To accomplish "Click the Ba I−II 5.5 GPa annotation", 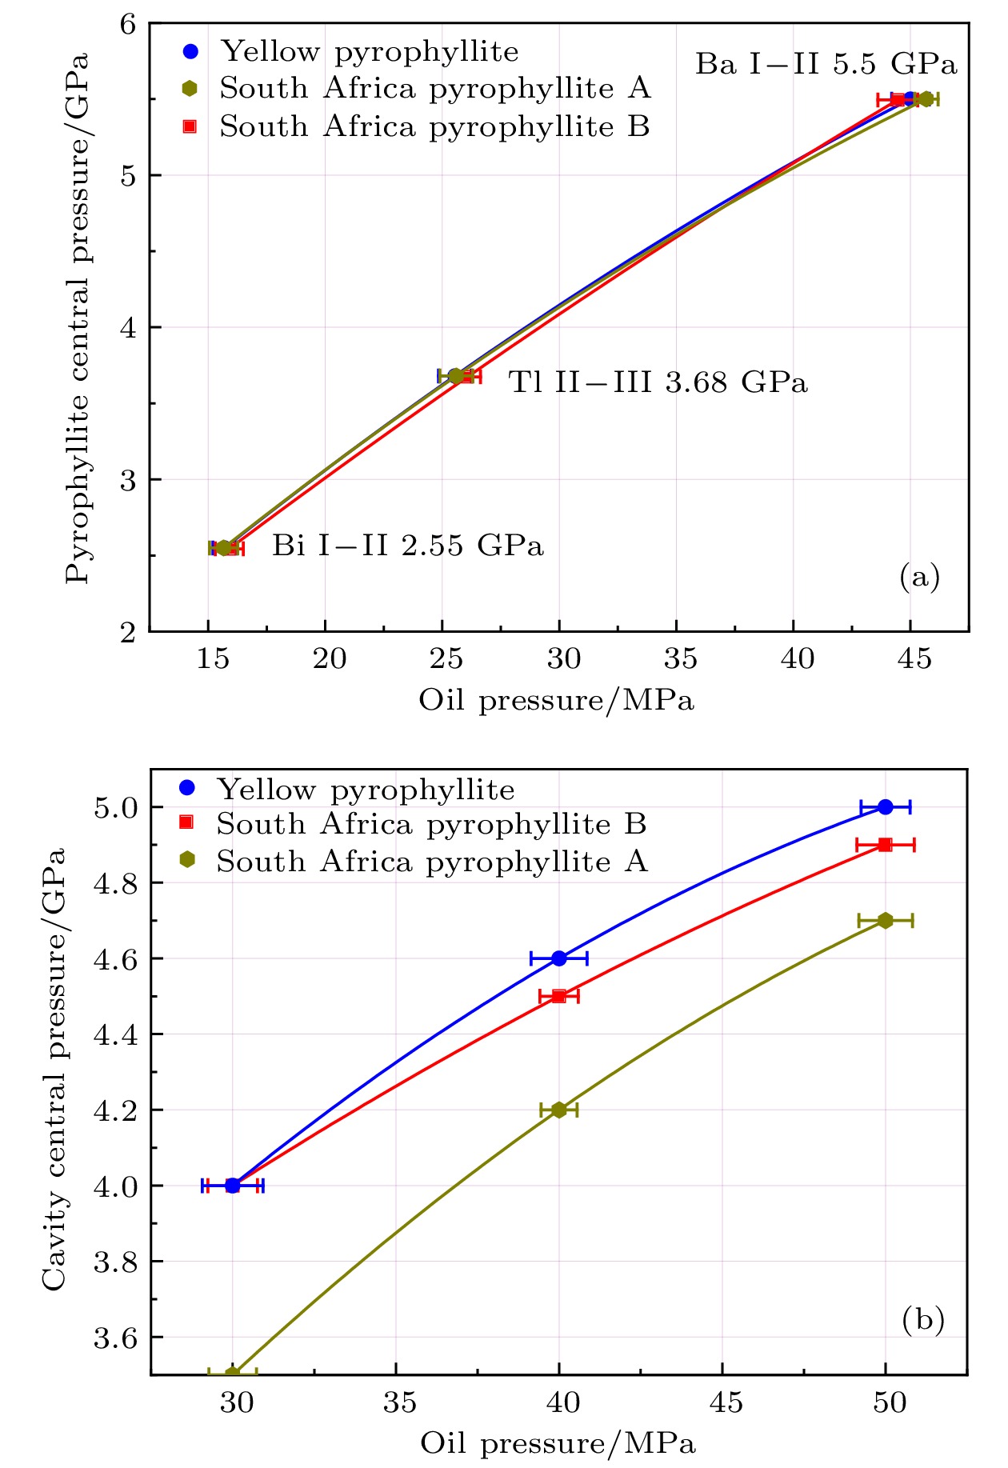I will click(x=826, y=65).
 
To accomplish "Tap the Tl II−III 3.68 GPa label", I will click(x=658, y=382).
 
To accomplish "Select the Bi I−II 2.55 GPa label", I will click(x=407, y=546).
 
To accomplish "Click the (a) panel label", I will click(x=919, y=577).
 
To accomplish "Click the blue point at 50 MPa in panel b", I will click(x=885, y=806).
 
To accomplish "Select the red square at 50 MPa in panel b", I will click(x=885, y=845).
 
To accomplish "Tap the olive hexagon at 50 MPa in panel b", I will click(x=885, y=921).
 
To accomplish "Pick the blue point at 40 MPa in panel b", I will click(x=559, y=958).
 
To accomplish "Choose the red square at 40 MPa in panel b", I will click(x=559, y=996).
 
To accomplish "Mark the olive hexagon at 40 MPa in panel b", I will click(x=559, y=1110).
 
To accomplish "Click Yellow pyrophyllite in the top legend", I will click(x=370, y=52).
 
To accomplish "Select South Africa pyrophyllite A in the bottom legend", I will click(x=431, y=862).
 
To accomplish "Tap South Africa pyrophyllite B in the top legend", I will click(x=434, y=126).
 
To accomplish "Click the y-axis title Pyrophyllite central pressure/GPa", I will click(x=78, y=318).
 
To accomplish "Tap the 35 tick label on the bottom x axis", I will click(x=399, y=1402).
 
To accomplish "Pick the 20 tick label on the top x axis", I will click(x=329, y=659).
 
